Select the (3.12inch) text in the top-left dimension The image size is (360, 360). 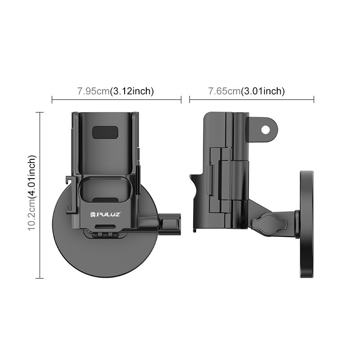132,91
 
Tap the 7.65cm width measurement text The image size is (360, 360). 224,91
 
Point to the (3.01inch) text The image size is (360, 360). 263,91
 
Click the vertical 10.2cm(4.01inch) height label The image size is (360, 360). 31,193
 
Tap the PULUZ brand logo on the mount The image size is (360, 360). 106,215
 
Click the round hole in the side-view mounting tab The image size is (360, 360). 265,130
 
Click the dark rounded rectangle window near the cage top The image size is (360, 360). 105,132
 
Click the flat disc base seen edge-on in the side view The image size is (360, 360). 306,224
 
